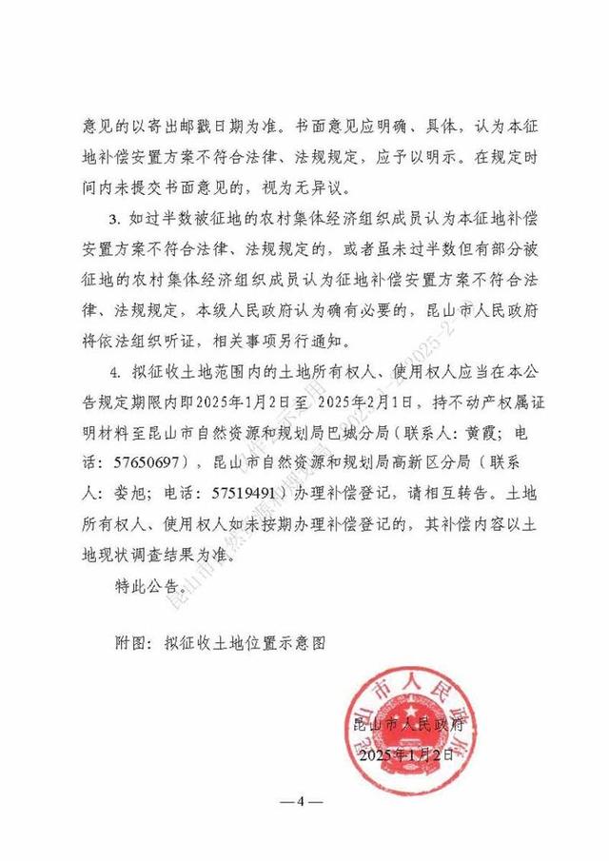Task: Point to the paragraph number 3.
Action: point(114,221)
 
